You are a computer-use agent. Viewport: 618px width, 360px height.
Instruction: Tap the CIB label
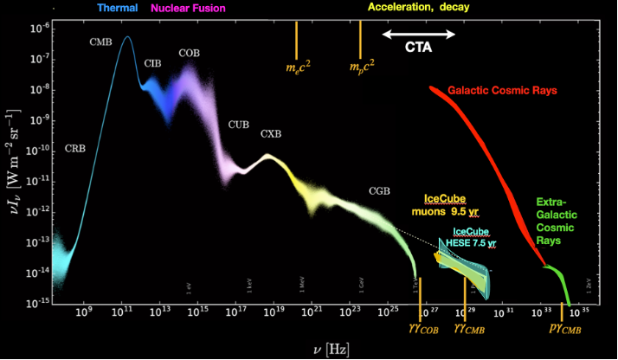click(152, 63)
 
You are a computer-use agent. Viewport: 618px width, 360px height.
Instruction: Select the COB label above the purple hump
click(190, 53)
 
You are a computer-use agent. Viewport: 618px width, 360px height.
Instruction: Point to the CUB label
click(239, 125)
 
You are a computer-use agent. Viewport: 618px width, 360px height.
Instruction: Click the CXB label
click(272, 134)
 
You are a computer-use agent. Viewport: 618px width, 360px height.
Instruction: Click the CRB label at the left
click(75, 149)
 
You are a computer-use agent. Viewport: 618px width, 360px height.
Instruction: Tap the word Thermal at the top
click(116, 10)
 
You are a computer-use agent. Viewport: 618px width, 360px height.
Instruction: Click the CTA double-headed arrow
click(420, 35)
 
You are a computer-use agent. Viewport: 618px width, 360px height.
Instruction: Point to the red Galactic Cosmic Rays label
click(502, 90)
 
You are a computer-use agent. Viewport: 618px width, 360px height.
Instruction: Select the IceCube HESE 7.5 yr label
click(473, 237)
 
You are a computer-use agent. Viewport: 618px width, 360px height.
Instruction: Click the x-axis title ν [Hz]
click(332, 348)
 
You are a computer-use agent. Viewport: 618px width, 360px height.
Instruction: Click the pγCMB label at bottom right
click(566, 328)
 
